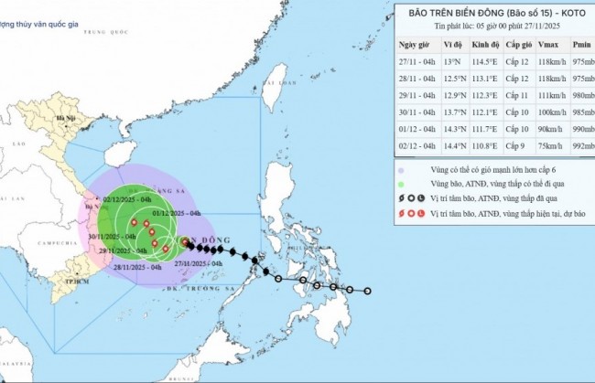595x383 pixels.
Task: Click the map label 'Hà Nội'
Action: coord(65,119)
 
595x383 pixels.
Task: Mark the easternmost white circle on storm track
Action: coord(367,292)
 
